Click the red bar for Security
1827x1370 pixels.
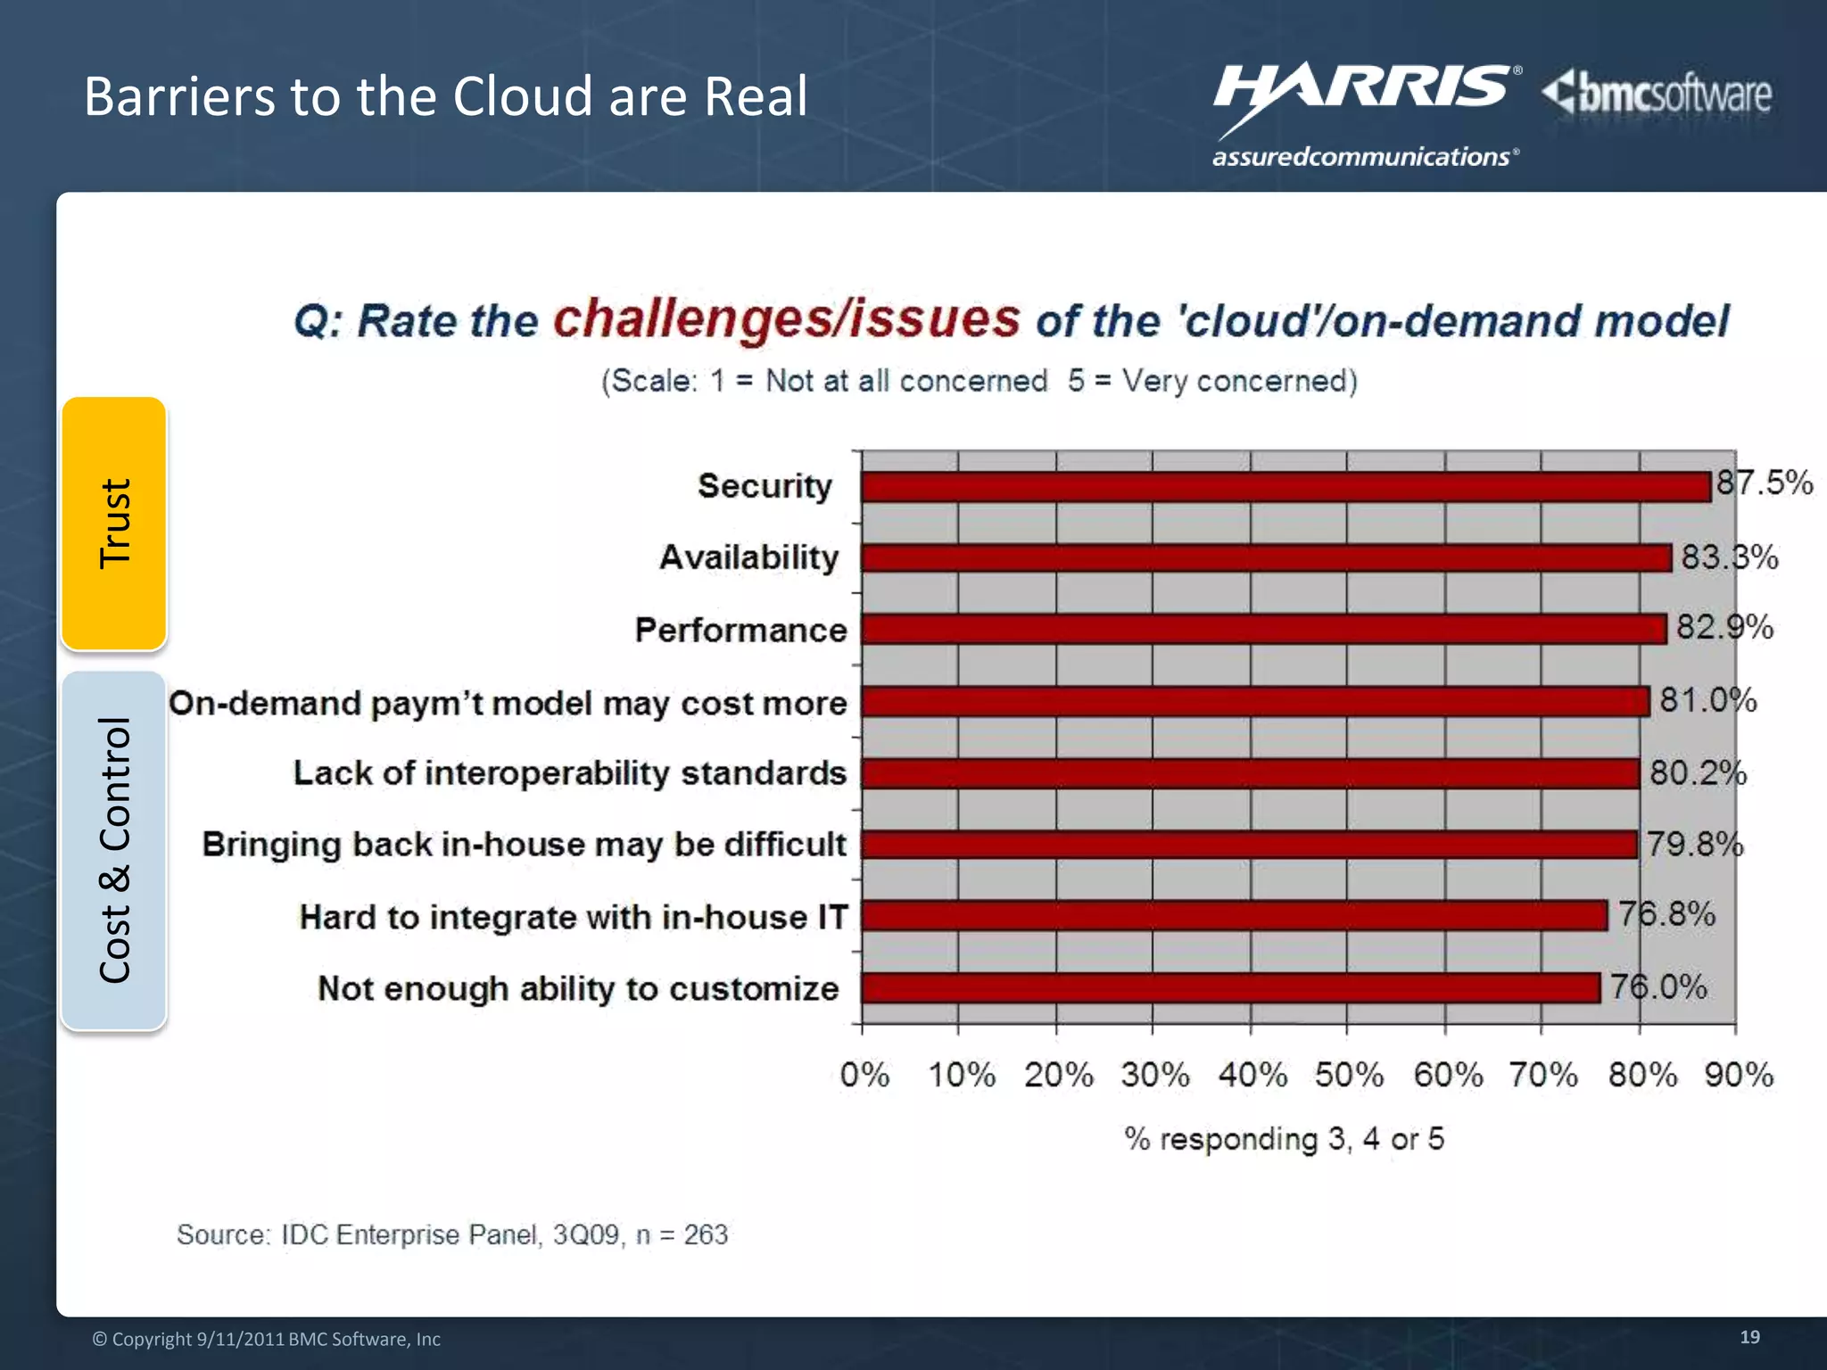coord(1285,487)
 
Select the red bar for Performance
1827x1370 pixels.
coord(1263,629)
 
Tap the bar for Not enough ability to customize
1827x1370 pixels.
coord(1231,988)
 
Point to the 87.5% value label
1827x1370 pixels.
coord(1765,483)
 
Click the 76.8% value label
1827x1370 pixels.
coord(1666,914)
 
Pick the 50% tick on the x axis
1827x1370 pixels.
coord(1348,1075)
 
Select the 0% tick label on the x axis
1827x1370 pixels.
coord(864,1075)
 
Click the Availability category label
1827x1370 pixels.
coord(749,557)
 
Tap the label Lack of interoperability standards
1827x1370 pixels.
coord(569,773)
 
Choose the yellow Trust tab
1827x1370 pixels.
coord(114,524)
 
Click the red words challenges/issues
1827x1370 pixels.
coord(786,318)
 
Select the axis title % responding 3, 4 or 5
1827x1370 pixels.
coord(1284,1139)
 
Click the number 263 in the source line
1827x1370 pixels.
coord(706,1234)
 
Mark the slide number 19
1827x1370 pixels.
coord(1749,1337)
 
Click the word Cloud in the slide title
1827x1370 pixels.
coord(522,96)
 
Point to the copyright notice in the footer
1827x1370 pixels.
coord(267,1339)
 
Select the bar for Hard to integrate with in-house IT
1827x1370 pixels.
coord(1234,916)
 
